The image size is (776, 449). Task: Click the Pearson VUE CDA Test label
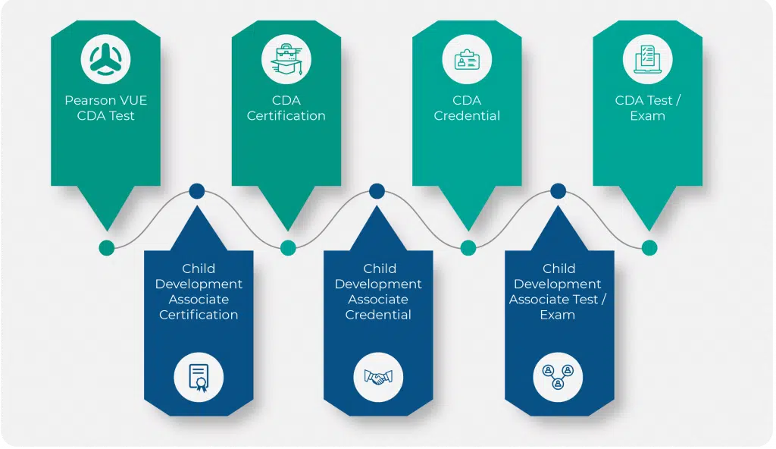(105, 108)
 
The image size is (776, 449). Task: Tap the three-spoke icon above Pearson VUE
(105, 59)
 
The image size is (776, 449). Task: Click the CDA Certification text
(286, 108)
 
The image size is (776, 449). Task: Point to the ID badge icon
(467, 59)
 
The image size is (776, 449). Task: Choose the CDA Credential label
(467, 108)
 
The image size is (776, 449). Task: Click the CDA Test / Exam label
(647, 108)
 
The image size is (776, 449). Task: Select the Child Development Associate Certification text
(199, 291)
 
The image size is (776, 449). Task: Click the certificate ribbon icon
(199, 375)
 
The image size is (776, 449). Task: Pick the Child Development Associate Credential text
(378, 291)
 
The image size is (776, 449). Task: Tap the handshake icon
(378, 375)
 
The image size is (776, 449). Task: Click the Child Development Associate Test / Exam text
(558, 291)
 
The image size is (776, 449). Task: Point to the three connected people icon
(558, 375)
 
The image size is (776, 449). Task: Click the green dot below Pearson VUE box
(106, 247)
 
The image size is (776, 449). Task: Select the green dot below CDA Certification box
(287, 247)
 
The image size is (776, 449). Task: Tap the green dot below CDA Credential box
(468, 247)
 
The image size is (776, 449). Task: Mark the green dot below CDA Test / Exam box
(649, 247)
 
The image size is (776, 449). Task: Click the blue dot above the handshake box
(377, 191)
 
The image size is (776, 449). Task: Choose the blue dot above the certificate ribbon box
(197, 191)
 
